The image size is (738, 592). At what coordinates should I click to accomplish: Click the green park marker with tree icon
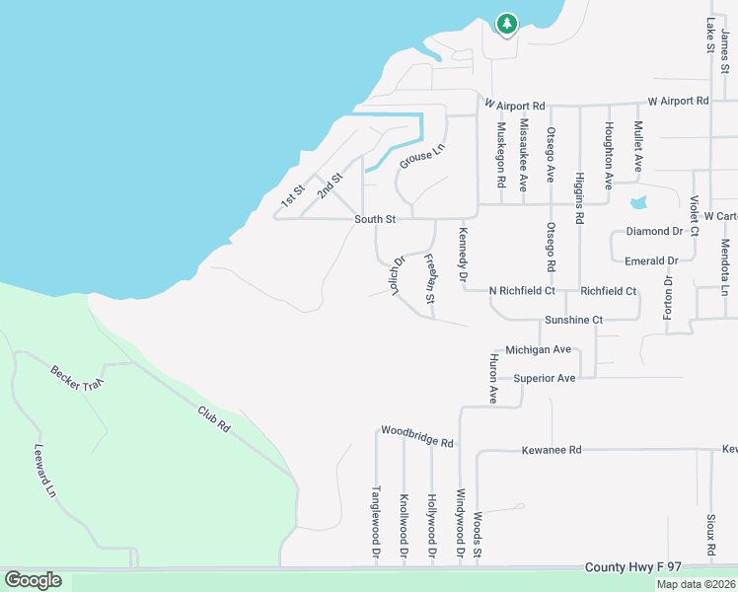point(506,23)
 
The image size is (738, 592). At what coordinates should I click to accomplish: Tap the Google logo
point(33,580)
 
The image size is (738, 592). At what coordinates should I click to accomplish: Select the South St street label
point(375,219)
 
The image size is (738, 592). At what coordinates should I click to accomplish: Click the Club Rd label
point(213,419)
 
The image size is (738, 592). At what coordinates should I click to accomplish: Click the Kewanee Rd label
point(552,450)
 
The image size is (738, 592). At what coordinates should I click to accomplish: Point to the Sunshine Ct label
point(573,320)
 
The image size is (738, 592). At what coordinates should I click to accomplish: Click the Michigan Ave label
point(538,349)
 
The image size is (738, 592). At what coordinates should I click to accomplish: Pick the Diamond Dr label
point(655,231)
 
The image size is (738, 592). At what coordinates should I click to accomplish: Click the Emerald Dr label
point(651,260)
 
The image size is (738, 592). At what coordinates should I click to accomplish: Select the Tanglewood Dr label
point(375,523)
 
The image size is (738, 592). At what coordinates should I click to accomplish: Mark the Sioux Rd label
point(709,533)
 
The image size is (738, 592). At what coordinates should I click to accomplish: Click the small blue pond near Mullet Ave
point(638,202)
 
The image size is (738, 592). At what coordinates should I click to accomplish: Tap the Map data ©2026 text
point(696,584)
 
